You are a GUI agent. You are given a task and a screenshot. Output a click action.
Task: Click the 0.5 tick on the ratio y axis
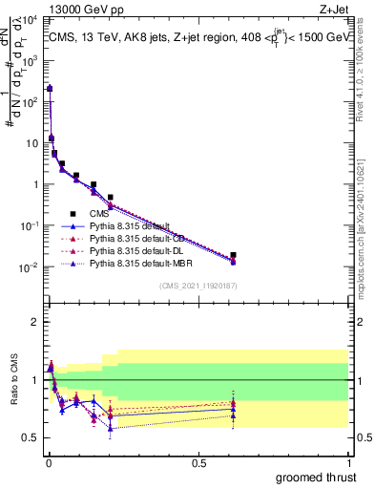[x=35, y=437]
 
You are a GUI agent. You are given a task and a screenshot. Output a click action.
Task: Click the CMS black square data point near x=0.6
[x=233, y=255]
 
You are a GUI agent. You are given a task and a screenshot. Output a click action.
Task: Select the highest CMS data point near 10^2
[x=50, y=88]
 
